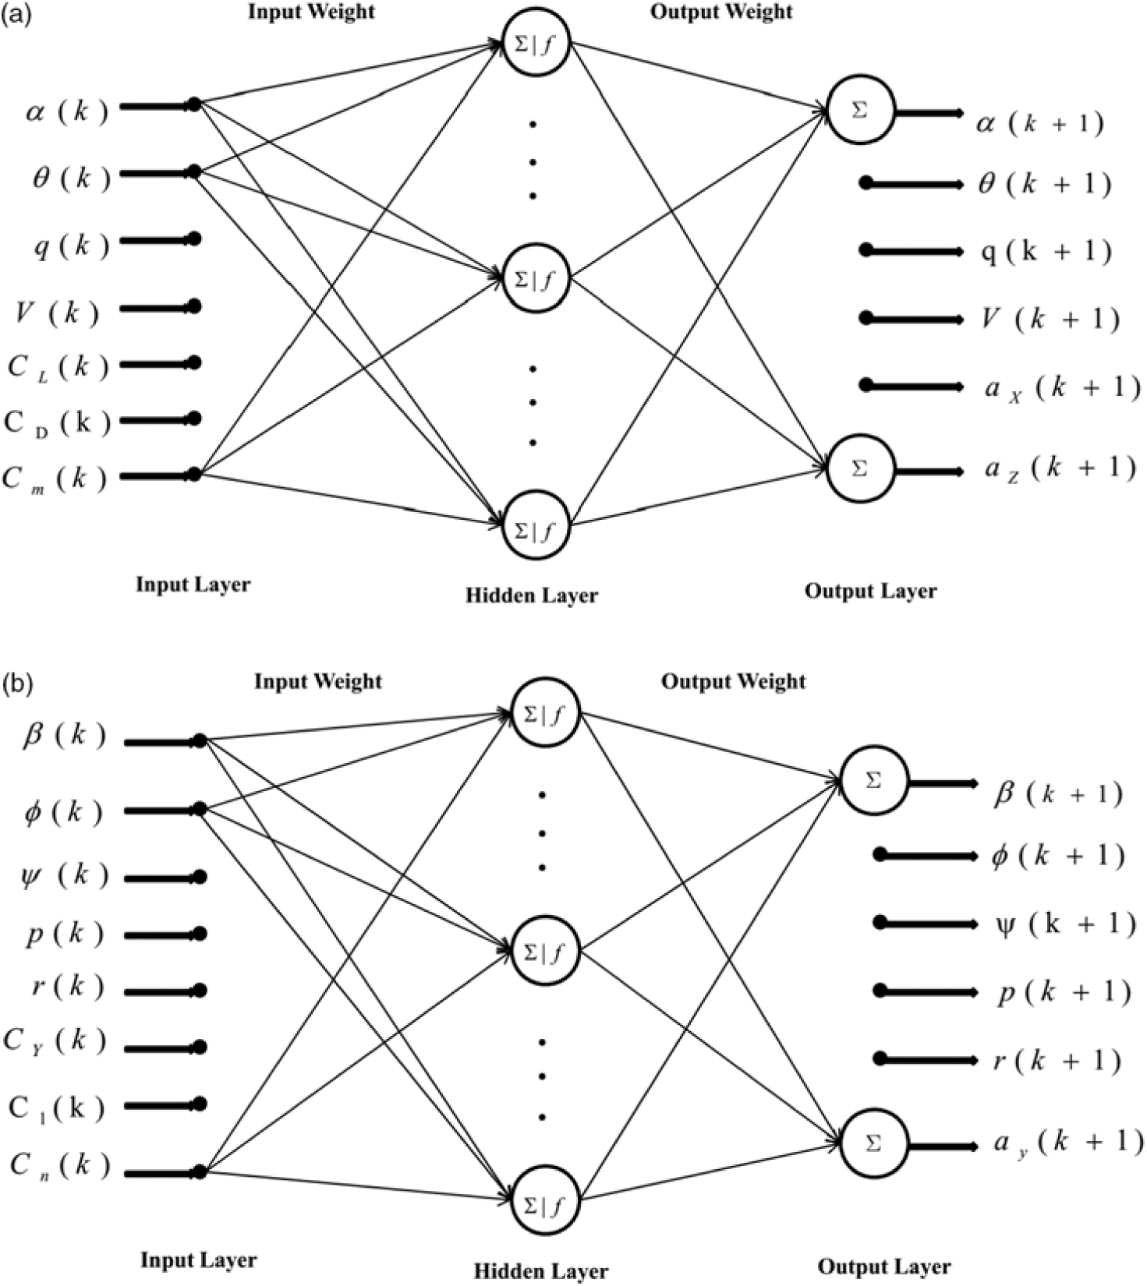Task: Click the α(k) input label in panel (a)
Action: (x=66, y=111)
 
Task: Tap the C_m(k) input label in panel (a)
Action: (x=55, y=478)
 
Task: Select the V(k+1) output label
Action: (x=1050, y=319)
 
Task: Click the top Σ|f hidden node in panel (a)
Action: (x=536, y=43)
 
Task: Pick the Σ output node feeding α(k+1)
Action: (x=859, y=111)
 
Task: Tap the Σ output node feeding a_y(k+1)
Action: (x=873, y=1143)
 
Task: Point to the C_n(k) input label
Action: (x=59, y=1166)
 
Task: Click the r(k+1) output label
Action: (x=1057, y=1060)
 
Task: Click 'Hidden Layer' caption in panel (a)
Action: (x=532, y=595)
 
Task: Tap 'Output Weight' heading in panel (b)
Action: (x=733, y=681)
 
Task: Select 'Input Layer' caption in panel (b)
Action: (x=198, y=1260)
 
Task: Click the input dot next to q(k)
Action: (x=195, y=238)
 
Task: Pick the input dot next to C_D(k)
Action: (x=195, y=419)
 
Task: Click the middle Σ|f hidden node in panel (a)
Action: (x=536, y=279)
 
